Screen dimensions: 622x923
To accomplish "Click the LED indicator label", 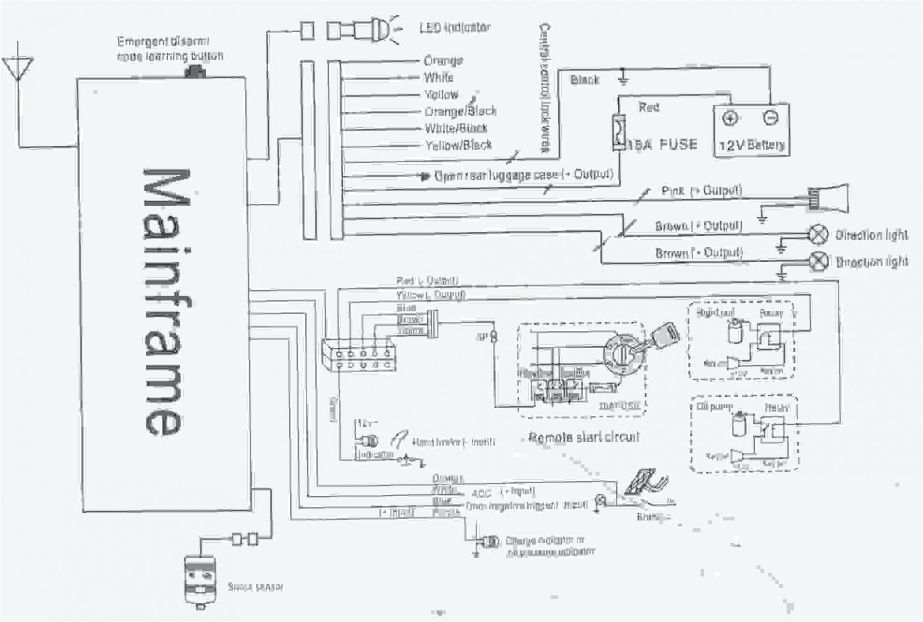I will click(x=454, y=28).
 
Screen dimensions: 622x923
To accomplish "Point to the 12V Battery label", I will click(x=751, y=145).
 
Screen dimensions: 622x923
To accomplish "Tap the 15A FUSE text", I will click(x=662, y=145).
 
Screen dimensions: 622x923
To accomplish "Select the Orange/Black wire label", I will click(x=460, y=111).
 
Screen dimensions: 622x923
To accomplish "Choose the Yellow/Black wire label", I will click(x=458, y=145).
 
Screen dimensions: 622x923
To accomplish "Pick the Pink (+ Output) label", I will click(x=701, y=191).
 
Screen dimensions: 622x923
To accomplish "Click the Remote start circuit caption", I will click(x=584, y=437).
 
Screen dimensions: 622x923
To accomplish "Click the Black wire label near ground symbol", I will click(x=585, y=80).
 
